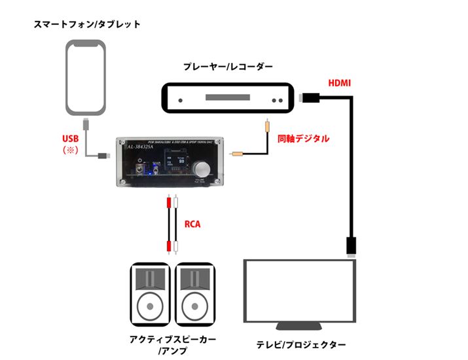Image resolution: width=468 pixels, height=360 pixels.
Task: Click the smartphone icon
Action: point(86,77)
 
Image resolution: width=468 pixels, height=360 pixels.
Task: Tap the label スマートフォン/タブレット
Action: point(88,24)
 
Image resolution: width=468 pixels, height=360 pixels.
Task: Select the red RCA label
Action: point(192,225)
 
